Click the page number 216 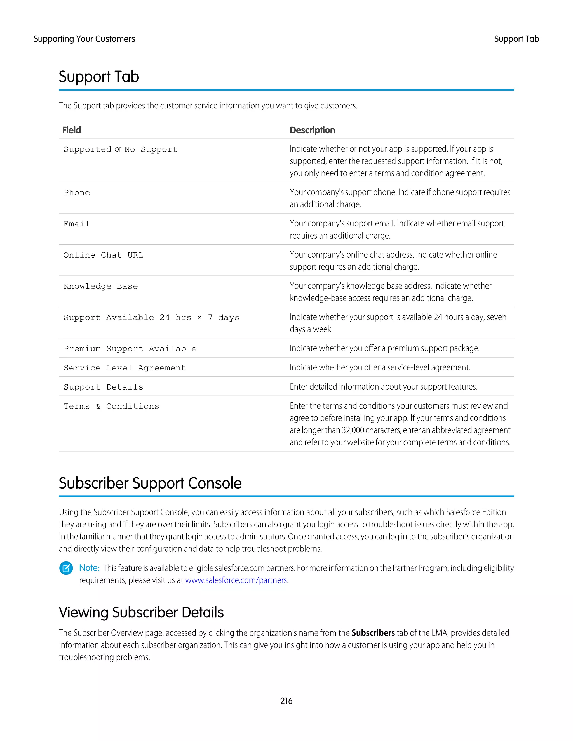click(286, 701)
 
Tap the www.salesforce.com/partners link click(236, 580)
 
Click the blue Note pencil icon click(66, 568)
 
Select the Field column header click(72, 130)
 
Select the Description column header click(312, 130)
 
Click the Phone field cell click(77, 193)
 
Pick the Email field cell click(77, 224)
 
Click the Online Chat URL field click(104, 255)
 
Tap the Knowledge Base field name click(101, 286)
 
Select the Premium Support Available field click(130, 349)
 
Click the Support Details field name click(104, 387)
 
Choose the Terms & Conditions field click(111, 407)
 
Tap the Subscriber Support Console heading click(150, 483)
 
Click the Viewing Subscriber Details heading click(141, 612)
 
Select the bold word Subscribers click(373, 633)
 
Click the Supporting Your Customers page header click(84, 39)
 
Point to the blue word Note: click(89, 568)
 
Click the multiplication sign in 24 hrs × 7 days click(199, 318)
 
